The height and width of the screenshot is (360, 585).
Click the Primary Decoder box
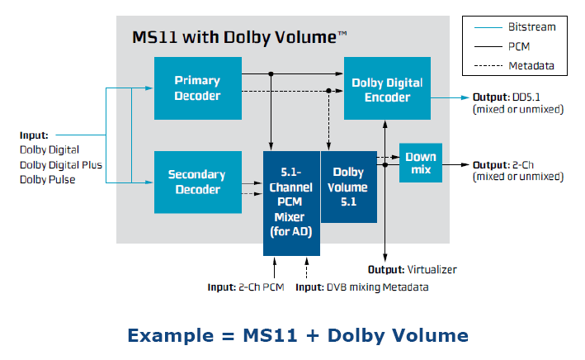point(197,88)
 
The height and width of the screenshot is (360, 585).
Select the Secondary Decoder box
point(197,182)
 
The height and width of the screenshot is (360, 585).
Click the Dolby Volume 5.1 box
point(348,186)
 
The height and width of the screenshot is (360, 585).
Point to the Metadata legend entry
point(531,65)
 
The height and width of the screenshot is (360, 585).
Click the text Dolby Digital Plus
point(61,164)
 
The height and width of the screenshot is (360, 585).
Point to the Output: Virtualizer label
point(412,269)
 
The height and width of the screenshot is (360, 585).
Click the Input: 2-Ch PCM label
point(246,287)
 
